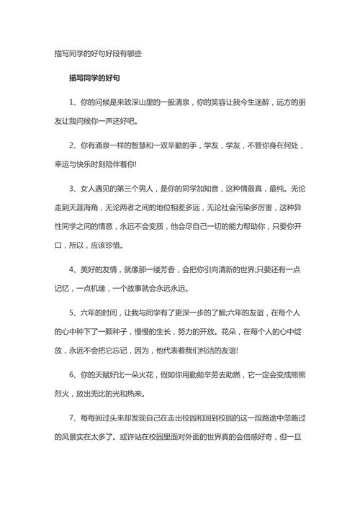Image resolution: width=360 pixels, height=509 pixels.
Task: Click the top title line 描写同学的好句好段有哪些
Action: (98, 53)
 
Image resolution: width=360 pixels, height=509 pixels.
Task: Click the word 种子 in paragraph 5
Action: (127, 331)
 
